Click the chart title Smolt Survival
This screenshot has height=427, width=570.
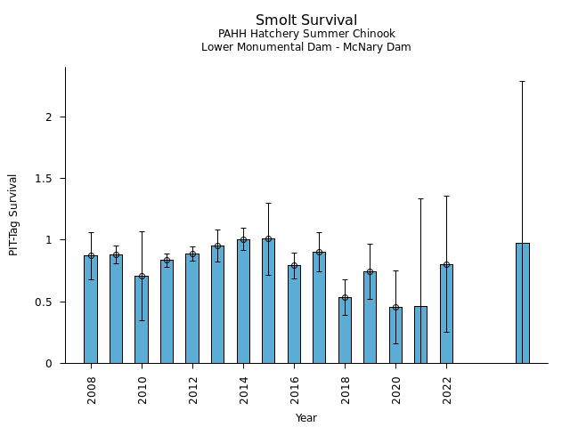(305, 20)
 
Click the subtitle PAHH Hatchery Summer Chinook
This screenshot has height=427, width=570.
(305, 35)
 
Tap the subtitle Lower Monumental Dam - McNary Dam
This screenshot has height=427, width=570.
(305, 47)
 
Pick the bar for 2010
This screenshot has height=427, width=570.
(142, 319)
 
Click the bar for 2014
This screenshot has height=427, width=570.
(243, 302)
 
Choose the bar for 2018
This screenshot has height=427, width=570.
(345, 330)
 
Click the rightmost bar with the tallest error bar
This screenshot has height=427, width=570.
(522, 303)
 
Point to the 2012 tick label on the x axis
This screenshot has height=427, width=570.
(192, 390)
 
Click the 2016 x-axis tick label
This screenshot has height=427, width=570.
(294, 390)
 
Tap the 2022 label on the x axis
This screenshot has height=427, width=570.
(446, 390)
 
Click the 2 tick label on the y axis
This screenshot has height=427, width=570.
(51, 117)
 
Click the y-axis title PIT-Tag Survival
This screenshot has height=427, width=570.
(13, 214)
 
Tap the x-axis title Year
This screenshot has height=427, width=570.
(305, 418)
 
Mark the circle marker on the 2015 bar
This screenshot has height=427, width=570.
(268, 238)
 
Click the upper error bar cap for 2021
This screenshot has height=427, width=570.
(420, 198)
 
